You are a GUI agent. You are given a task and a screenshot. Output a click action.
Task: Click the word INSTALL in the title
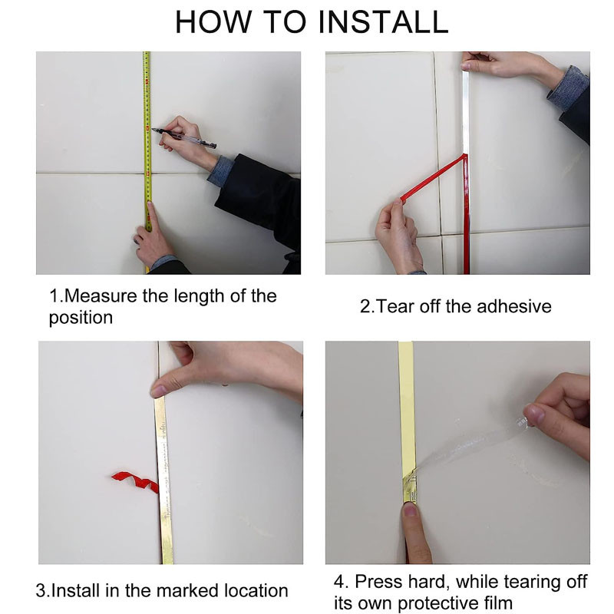(x=383, y=22)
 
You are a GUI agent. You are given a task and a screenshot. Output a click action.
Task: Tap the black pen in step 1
(x=183, y=138)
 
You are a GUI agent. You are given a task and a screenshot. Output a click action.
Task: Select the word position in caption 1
(x=81, y=318)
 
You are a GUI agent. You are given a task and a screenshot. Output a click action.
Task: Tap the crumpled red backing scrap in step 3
(x=136, y=482)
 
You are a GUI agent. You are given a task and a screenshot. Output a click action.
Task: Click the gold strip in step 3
(x=163, y=481)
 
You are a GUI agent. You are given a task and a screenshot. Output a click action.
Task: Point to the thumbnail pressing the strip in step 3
(x=158, y=391)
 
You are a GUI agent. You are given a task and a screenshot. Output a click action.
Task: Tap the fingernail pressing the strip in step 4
(x=410, y=510)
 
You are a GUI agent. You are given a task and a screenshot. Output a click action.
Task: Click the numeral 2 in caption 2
(x=365, y=306)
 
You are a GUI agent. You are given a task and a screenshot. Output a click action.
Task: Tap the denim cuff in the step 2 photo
(x=568, y=89)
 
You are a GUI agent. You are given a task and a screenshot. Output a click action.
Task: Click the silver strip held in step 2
(x=466, y=111)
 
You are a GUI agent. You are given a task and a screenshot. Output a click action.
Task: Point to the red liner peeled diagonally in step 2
(x=433, y=177)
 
